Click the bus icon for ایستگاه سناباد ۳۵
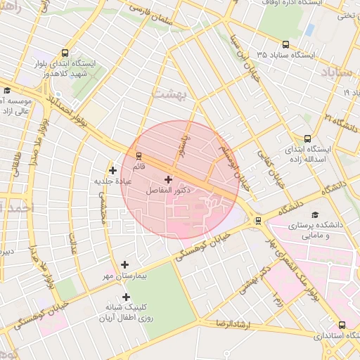point(285,44)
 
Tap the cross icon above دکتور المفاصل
point(167,180)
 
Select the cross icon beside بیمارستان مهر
point(125,265)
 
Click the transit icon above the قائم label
point(139,156)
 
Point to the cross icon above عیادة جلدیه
point(112,170)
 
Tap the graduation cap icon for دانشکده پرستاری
point(315,214)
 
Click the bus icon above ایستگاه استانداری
point(342,325)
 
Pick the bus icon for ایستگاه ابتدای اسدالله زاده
point(307,139)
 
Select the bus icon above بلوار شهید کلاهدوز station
point(65,53)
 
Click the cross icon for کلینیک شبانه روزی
point(126,297)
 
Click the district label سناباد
point(340,72)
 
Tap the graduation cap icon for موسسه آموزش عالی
point(7,90)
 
